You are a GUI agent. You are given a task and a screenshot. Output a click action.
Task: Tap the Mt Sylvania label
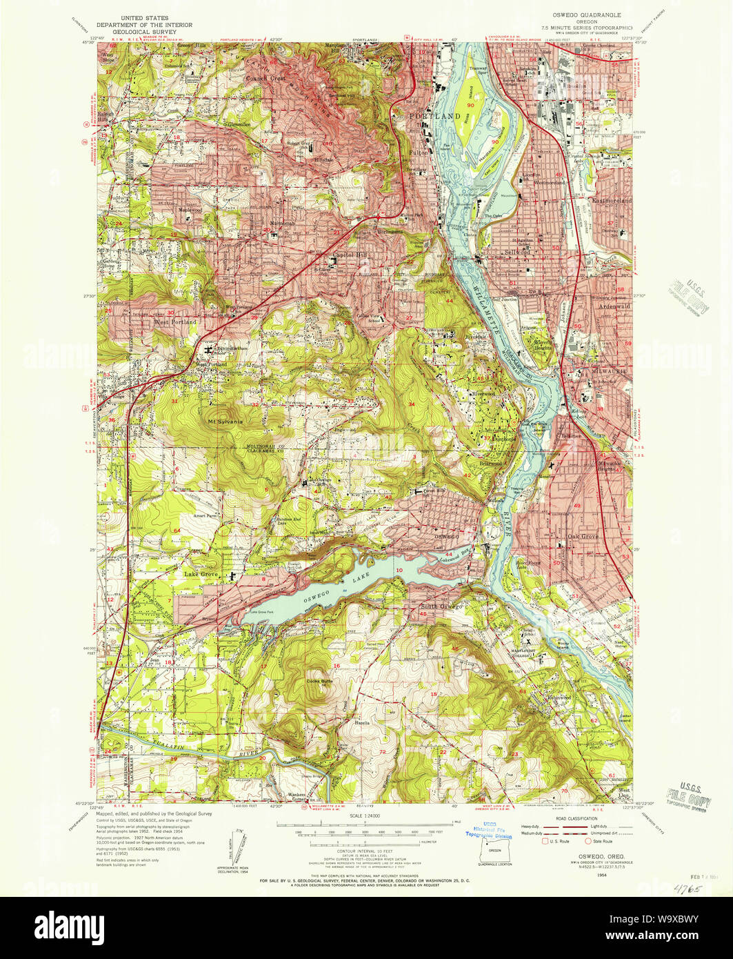click(222, 419)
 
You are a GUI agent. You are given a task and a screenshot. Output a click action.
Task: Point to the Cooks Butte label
click(319, 682)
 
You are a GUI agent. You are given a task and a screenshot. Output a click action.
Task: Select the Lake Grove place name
click(201, 573)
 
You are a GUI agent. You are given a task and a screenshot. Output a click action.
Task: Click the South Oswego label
click(439, 607)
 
